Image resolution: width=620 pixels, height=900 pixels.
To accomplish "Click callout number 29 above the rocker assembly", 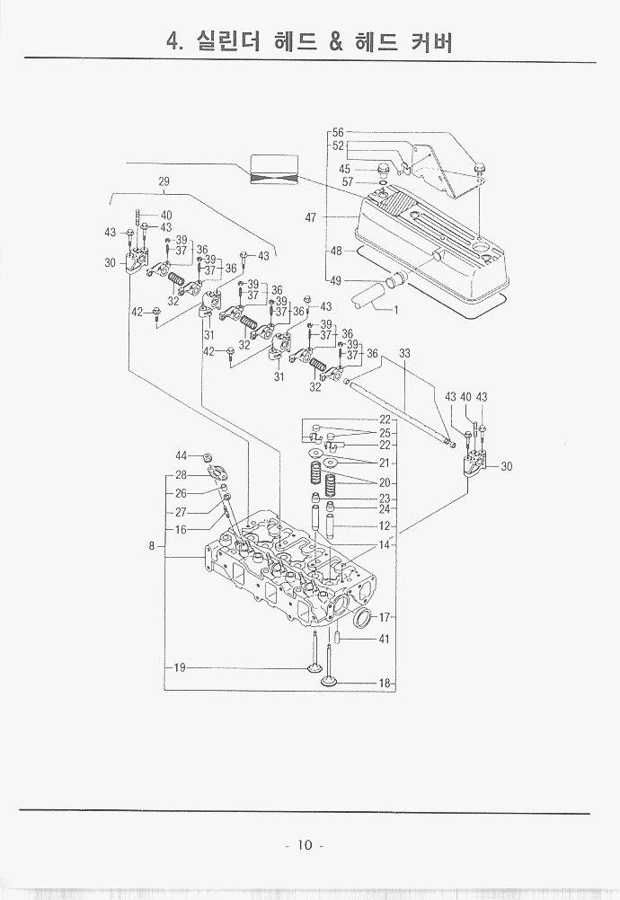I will click(164, 181).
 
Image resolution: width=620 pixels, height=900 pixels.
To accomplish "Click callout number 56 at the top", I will click(338, 133).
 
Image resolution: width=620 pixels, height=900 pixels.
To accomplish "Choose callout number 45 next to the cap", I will click(345, 169).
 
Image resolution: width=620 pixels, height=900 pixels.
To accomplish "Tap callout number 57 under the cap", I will click(347, 182).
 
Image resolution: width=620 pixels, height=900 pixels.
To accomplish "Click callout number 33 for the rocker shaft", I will click(404, 354).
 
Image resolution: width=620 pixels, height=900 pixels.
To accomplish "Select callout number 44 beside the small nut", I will click(181, 455).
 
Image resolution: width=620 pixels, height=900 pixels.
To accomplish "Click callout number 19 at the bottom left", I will click(180, 667).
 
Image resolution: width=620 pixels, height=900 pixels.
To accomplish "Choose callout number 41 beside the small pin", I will click(384, 640).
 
